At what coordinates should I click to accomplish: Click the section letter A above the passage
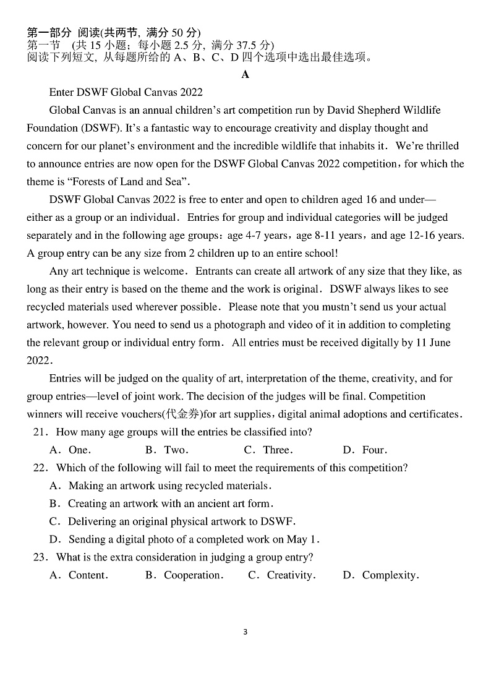pyautogui.click(x=246, y=75)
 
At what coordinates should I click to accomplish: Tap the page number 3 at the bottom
pyautogui.click(x=246, y=632)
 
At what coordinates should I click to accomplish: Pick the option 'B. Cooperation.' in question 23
pyautogui.click(x=184, y=575)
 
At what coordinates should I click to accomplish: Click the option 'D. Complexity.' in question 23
pyautogui.click(x=381, y=575)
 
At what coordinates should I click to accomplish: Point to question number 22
pyautogui.click(x=40, y=468)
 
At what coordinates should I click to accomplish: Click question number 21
pyautogui.click(x=40, y=432)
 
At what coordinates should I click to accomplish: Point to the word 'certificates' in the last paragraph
pyautogui.click(x=432, y=414)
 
